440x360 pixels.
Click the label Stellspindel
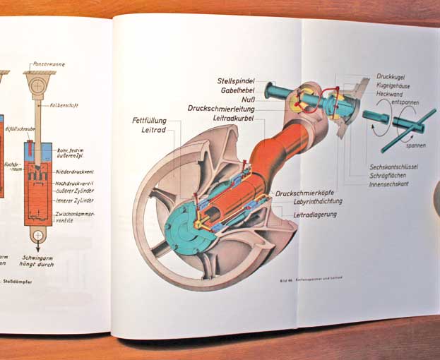pyautogui.click(x=237, y=81)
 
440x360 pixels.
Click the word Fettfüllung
pyautogui.click(x=149, y=121)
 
